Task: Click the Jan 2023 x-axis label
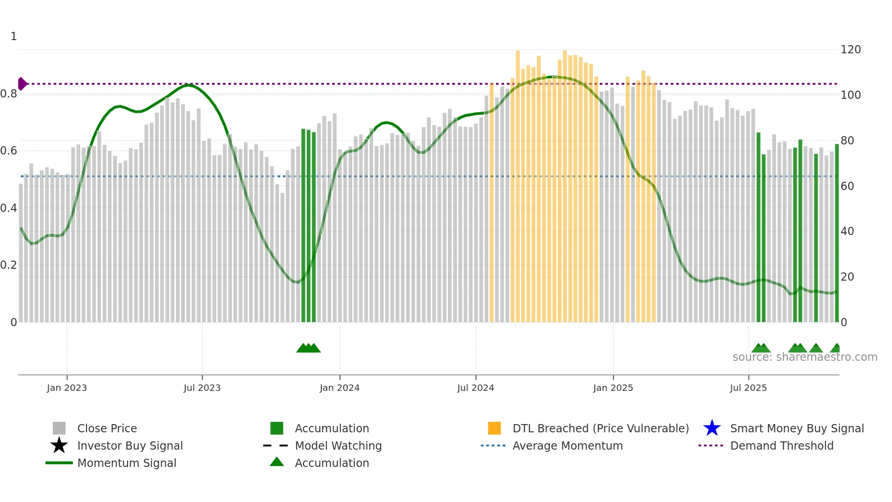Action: (67, 388)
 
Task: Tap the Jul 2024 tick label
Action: (476, 388)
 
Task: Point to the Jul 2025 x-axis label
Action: (748, 388)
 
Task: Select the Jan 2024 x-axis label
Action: (340, 388)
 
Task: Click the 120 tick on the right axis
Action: (850, 49)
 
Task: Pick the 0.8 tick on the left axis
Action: (9, 94)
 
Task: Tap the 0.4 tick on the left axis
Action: (9, 208)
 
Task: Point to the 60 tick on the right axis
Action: (847, 186)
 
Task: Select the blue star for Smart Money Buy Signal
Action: (712, 428)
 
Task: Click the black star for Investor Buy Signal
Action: (59, 446)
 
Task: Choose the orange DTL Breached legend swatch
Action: (494, 428)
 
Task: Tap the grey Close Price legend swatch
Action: (59, 428)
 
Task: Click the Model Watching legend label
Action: (338, 446)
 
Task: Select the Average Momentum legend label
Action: (568, 446)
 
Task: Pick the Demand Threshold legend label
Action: (781, 446)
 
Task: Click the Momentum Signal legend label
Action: (127, 463)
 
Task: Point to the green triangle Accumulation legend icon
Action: (277, 462)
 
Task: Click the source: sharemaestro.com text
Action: (805, 357)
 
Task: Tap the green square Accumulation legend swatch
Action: (277, 428)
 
